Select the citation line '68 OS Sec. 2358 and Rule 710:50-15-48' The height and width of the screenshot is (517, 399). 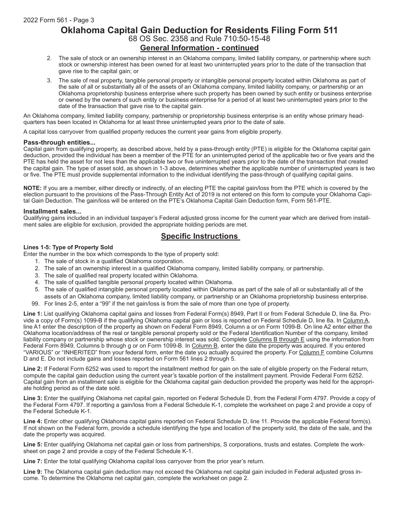(199, 39)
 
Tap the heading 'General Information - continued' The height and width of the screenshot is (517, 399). (199, 48)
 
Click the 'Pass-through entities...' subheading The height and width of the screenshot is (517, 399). (59, 142)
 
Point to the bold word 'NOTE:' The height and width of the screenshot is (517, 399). (32, 188)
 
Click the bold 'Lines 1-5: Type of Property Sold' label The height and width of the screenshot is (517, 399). (68, 247)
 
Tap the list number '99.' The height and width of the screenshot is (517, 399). (37, 303)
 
